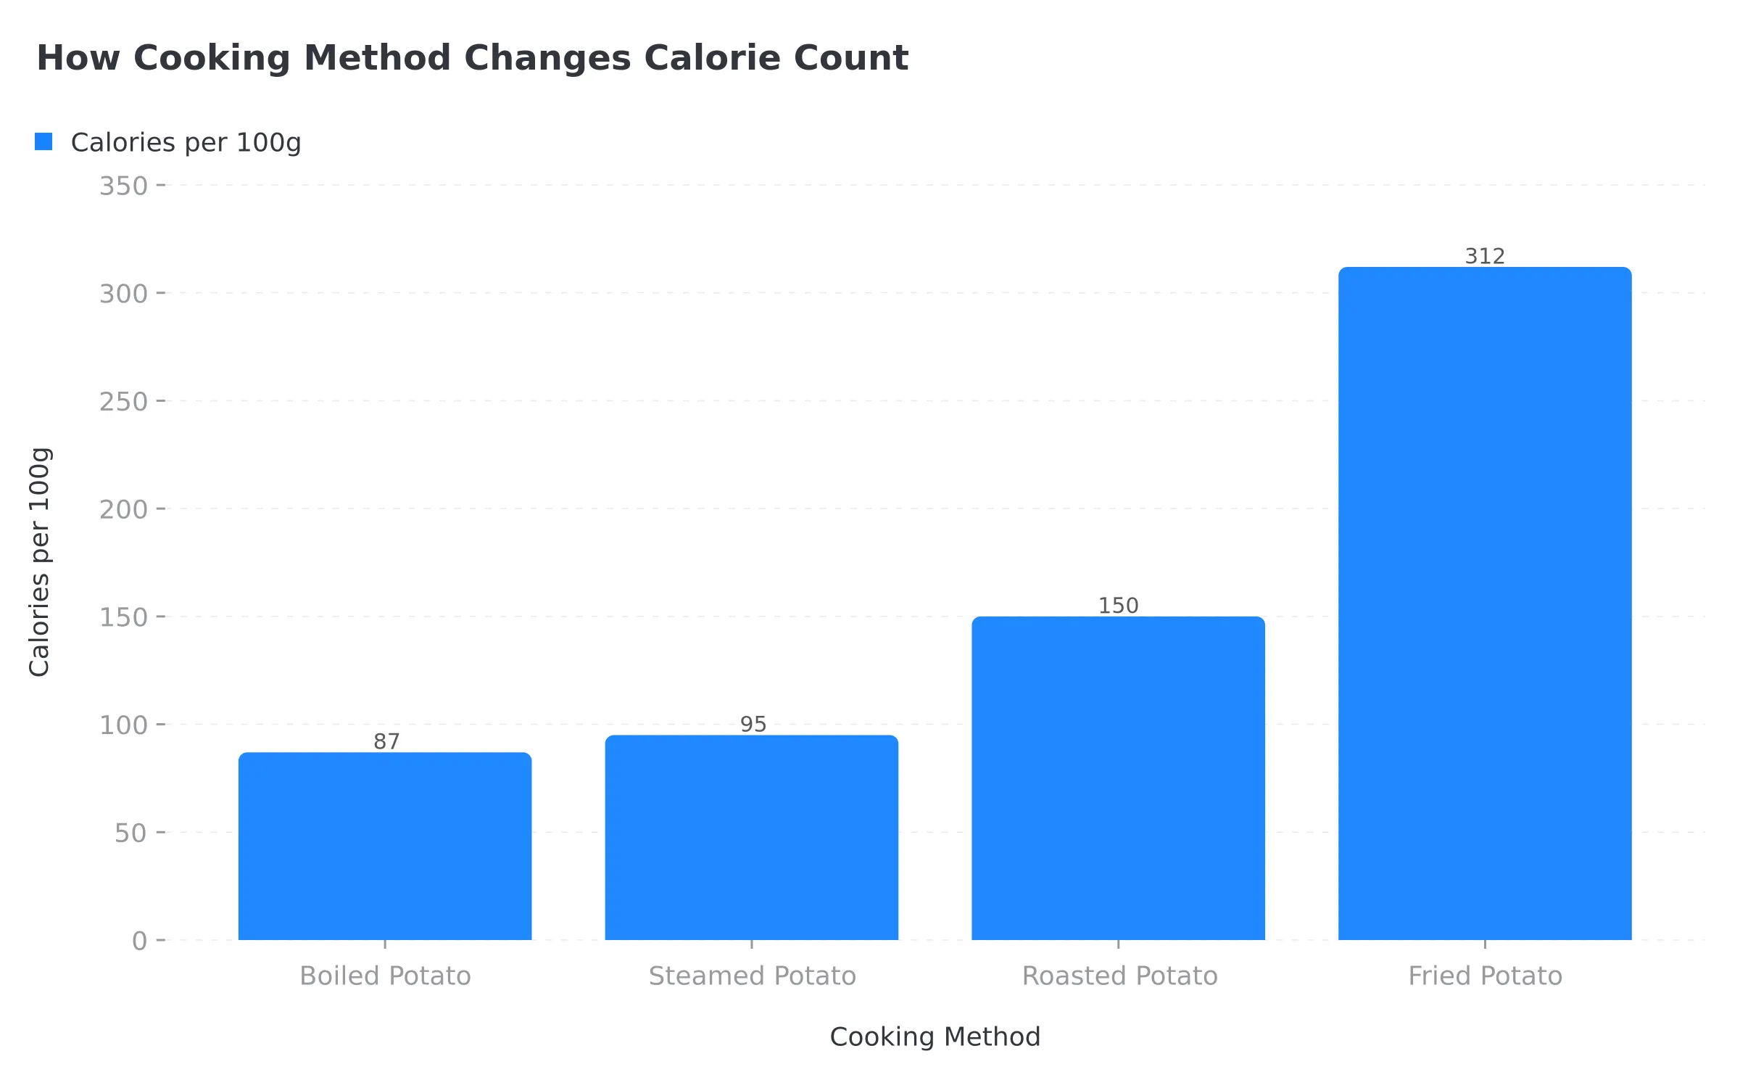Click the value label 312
[1485, 256]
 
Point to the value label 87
[386, 741]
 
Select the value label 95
[753, 724]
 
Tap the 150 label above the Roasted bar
[1118, 605]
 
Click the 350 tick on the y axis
[124, 186]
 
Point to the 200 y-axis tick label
[124, 510]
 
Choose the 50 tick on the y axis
[131, 833]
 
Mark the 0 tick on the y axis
[140, 941]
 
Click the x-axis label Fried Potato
[1485, 976]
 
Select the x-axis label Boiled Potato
[385, 976]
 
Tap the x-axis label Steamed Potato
[752, 976]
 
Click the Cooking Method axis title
[935, 1037]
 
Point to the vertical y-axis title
[39, 562]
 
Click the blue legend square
[43, 142]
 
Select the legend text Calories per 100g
[186, 142]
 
